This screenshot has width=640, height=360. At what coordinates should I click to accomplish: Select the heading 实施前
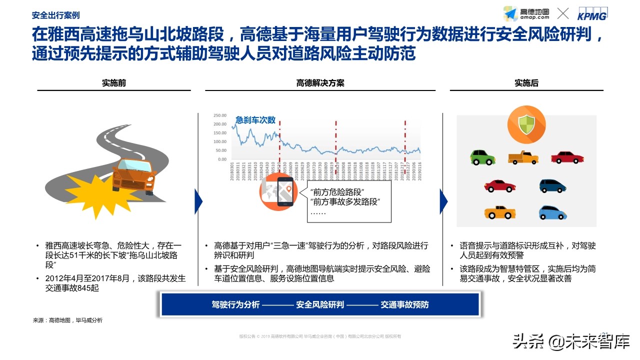[x=114, y=83]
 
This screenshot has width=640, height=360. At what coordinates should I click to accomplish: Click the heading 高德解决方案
[x=320, y=83]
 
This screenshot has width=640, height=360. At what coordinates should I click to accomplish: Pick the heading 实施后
[x=526, y=83]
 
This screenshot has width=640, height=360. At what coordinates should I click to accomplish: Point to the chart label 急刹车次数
[x=255, y=120]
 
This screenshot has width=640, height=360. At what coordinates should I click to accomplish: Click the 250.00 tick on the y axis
[x=220, y=114]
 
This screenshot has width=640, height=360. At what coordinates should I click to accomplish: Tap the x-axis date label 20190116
[x=419, y=172]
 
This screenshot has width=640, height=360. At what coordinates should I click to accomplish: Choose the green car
[x=482, y=157]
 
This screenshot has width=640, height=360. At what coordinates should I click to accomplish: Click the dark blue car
[x=553, y=186]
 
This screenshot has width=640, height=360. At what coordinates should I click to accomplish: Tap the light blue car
[x=552, y=213]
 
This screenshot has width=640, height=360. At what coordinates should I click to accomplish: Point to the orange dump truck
[x=523, y=157]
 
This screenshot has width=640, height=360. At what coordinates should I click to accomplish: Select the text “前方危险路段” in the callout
[x=337, y=192]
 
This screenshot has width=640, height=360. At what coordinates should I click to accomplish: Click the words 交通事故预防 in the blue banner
[x=404, y=304]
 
